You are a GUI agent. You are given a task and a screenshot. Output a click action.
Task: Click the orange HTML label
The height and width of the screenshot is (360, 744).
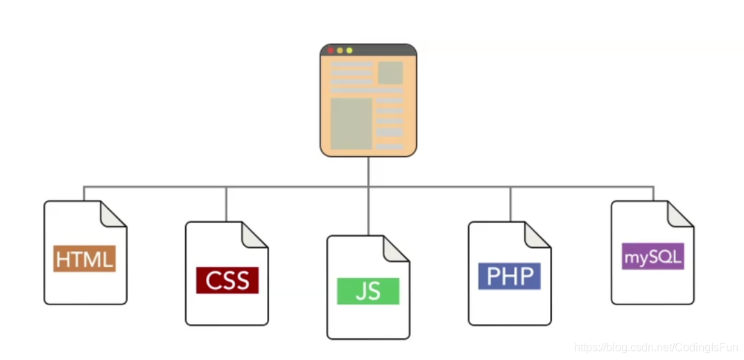(x=85, y=259)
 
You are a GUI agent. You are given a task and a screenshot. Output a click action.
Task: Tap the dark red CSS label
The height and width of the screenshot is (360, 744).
(x=227, y=280)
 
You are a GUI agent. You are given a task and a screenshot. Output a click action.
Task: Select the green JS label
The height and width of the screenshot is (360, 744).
(x=367, y=291)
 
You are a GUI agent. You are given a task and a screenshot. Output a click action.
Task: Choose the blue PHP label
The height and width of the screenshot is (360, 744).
(x=510, y=276)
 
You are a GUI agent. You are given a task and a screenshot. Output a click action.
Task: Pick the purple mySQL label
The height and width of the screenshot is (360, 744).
(x=652, y=257)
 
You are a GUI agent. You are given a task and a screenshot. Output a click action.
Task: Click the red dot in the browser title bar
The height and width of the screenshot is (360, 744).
(x=331, y=51)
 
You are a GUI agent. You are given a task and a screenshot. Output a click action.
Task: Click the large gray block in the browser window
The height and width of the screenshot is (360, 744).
(x=352, y=123)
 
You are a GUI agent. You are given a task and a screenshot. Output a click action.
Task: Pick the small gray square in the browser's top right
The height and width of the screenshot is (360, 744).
(x=390, y=73)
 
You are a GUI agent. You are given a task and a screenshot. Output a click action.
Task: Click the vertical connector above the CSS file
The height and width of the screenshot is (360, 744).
(x=226, y=204)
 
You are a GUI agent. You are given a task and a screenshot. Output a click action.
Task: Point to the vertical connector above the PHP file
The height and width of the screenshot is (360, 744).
(x=510, y=204)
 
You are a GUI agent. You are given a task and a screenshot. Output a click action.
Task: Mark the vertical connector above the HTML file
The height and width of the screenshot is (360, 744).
(x=84, y=194)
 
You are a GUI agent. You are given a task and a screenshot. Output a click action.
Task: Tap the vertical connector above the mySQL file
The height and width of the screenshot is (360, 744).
(x=653, y=194)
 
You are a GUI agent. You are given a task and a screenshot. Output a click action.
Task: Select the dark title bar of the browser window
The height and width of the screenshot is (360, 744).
(x=381, y=51)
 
